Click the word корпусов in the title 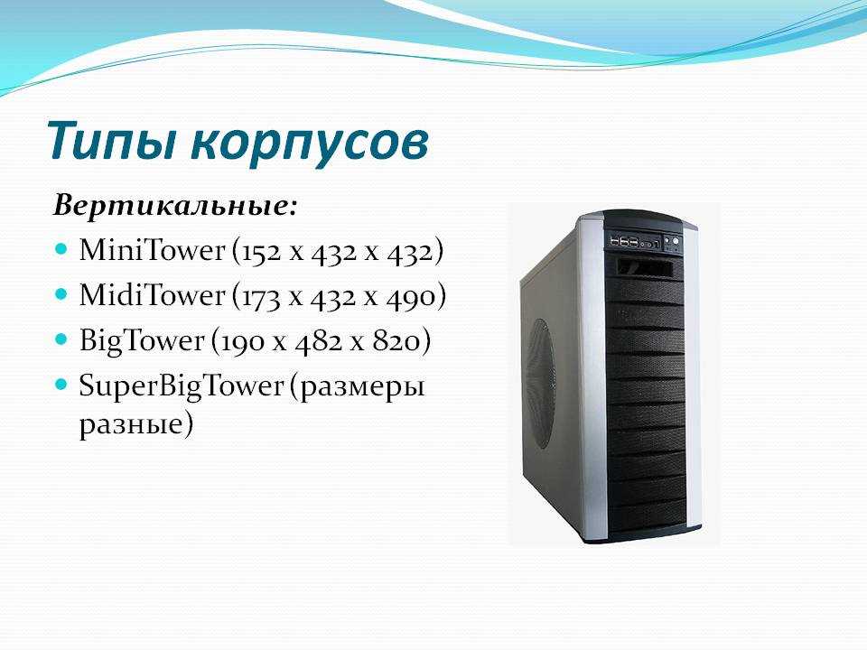(310, 144)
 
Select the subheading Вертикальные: (175, 206)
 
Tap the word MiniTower (153, 250)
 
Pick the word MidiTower (153, 294)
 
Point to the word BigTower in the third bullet (142, 340)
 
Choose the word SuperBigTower (182, 385)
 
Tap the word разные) (136, 425)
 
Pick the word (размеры (359, 387)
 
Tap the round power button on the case (676, 240)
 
